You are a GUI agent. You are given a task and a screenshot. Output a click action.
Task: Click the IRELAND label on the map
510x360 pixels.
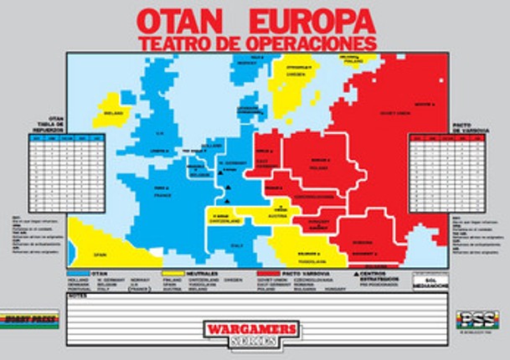point(114,113)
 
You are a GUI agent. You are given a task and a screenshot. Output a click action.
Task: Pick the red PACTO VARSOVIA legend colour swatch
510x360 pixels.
point(268,273)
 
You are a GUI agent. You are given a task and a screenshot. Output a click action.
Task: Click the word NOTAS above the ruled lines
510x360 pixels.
point(76,296)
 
